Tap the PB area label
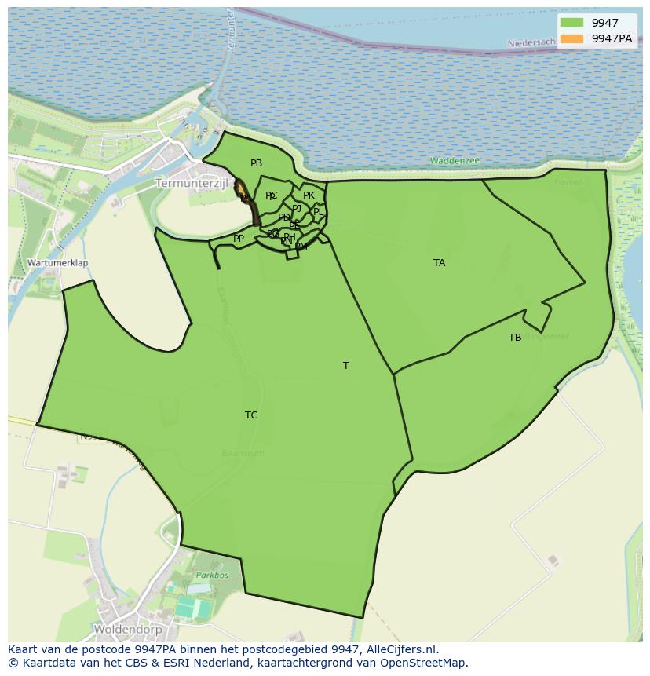click(x=256, y=163)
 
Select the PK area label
click(x=309, y=195)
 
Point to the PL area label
click(x=318, y=212)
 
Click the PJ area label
click(x=296, y=208)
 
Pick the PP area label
click(x=239, y=239)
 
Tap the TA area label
click(x=439, y=263)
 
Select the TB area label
click(x=515, y=338)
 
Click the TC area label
click(x=251, y=415)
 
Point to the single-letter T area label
click(x=345, y=366)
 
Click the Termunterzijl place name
click(x=191, y=183)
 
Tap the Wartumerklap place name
click(x=57, y=263)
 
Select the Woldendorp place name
click(x=127, y=630)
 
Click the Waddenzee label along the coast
click(x=455, y=161)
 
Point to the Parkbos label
click(x=207, y=576)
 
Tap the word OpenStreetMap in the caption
click(x=425, y=663)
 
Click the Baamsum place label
click(x=243, y=454)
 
